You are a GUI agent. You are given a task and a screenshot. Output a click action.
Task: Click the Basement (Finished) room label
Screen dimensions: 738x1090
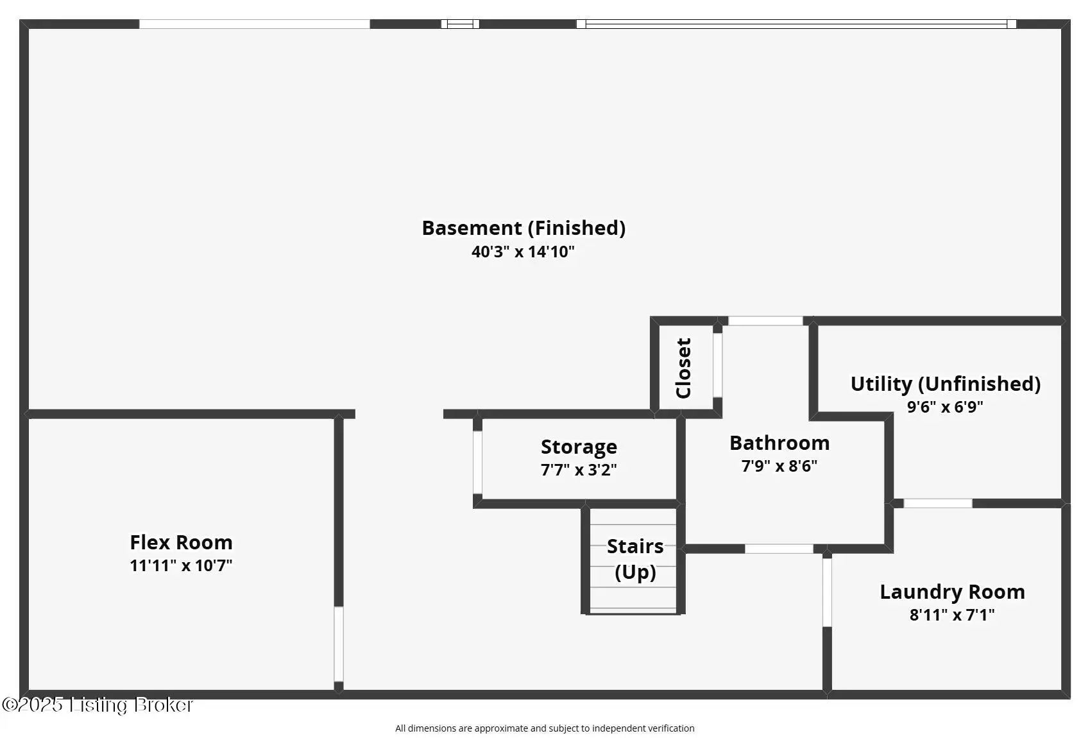(524, 228)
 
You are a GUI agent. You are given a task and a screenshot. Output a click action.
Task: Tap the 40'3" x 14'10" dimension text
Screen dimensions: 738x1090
(523, 252)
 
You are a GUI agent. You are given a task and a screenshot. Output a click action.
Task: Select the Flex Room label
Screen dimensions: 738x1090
(181, 542)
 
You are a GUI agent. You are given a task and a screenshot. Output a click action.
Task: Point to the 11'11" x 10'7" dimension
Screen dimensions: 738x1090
(181, 565)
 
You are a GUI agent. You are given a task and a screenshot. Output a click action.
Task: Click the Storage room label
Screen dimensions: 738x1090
(579, 447)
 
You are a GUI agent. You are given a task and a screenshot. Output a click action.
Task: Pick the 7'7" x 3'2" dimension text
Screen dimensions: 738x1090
(579, 470)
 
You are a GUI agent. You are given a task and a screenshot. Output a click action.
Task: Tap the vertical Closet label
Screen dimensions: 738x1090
(683, 368)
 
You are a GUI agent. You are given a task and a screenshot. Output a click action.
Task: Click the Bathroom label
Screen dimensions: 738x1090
(779, 443)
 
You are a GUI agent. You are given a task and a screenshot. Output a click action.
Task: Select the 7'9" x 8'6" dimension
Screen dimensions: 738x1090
(779, 466)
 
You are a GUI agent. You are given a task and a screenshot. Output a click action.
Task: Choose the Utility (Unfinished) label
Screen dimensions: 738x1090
(945, 384)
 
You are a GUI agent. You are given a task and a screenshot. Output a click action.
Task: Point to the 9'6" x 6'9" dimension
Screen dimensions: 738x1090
(945, 407)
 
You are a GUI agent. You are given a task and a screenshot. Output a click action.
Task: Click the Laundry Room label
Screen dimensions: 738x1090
(952, 592)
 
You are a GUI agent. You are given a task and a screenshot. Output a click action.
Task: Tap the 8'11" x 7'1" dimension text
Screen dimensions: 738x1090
(952, 615)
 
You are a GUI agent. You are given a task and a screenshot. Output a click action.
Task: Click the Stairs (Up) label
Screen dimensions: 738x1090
(635, 558)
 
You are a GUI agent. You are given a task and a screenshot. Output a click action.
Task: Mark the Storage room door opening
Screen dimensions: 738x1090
(477, 462)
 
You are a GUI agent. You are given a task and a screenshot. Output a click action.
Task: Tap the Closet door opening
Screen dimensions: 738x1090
(717, 365)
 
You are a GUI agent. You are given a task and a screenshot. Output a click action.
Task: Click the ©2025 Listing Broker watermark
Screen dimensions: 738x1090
(98, 705)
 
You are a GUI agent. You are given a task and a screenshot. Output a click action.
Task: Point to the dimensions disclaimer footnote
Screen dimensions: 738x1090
(545, 728)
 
